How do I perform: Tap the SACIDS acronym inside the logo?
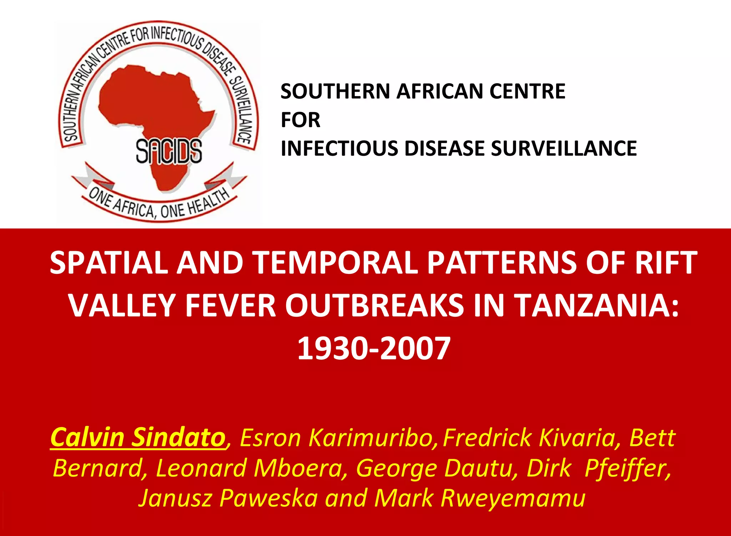[x=169, y=151]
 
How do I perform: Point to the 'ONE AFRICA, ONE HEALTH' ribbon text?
[x=159, y=205]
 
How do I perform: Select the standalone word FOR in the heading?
[x=300, y=120]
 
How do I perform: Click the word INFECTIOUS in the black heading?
[x=339, y=148]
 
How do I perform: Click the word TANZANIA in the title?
[x=598, y=306]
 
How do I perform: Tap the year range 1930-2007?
[x=374, y=349]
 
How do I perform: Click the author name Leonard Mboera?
[x=249, y=468]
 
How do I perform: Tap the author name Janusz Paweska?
[x=228, y=498]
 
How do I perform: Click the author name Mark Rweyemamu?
[x=480, y=498]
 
